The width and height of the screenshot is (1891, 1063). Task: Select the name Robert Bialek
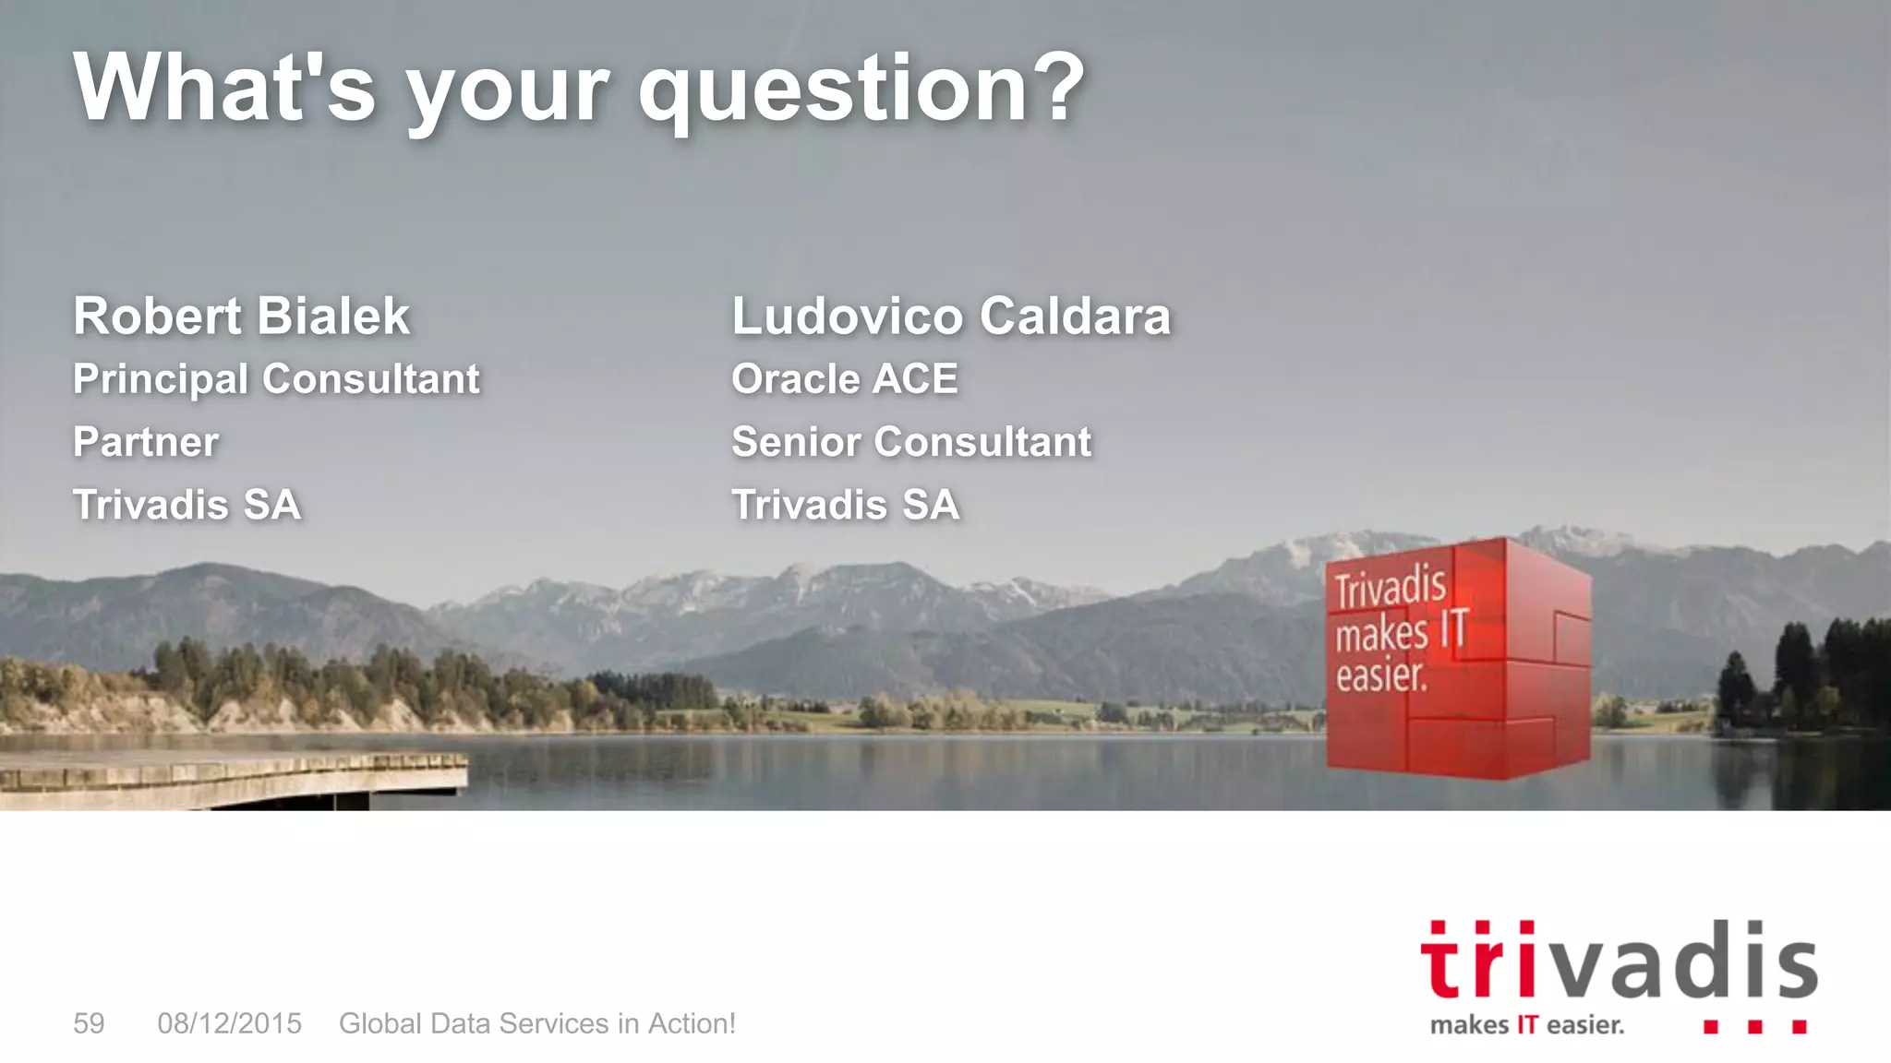(241, 317)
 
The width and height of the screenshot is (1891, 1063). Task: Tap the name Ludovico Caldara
(951, 317)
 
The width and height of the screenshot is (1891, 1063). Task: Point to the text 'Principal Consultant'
(276, 379)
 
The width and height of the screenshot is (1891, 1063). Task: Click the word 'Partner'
(146, 442)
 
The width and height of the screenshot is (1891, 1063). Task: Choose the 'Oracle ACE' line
(845, 379)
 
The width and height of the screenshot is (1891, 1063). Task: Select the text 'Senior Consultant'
(911, 442)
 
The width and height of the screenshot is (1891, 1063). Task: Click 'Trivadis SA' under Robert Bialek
(187, 505)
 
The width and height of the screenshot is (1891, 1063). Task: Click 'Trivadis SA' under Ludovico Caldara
(846, 505)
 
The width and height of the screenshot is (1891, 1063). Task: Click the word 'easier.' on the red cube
(1381, 675)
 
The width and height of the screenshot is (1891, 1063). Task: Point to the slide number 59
(89, 1023)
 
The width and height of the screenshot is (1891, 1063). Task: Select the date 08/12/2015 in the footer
(229, 1023)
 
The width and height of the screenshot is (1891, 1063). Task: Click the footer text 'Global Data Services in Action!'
(537, 1023)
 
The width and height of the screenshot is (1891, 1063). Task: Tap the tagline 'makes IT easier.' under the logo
(1526, 1025)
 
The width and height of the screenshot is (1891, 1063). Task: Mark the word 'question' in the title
(832, 92)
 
